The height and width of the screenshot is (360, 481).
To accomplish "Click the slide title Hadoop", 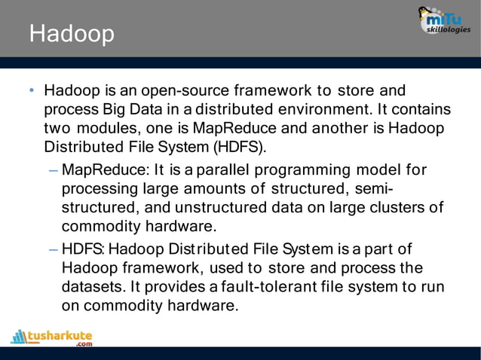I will click(x=72, y=35).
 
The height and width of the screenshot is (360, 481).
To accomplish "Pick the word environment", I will click(x=316, y=109).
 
